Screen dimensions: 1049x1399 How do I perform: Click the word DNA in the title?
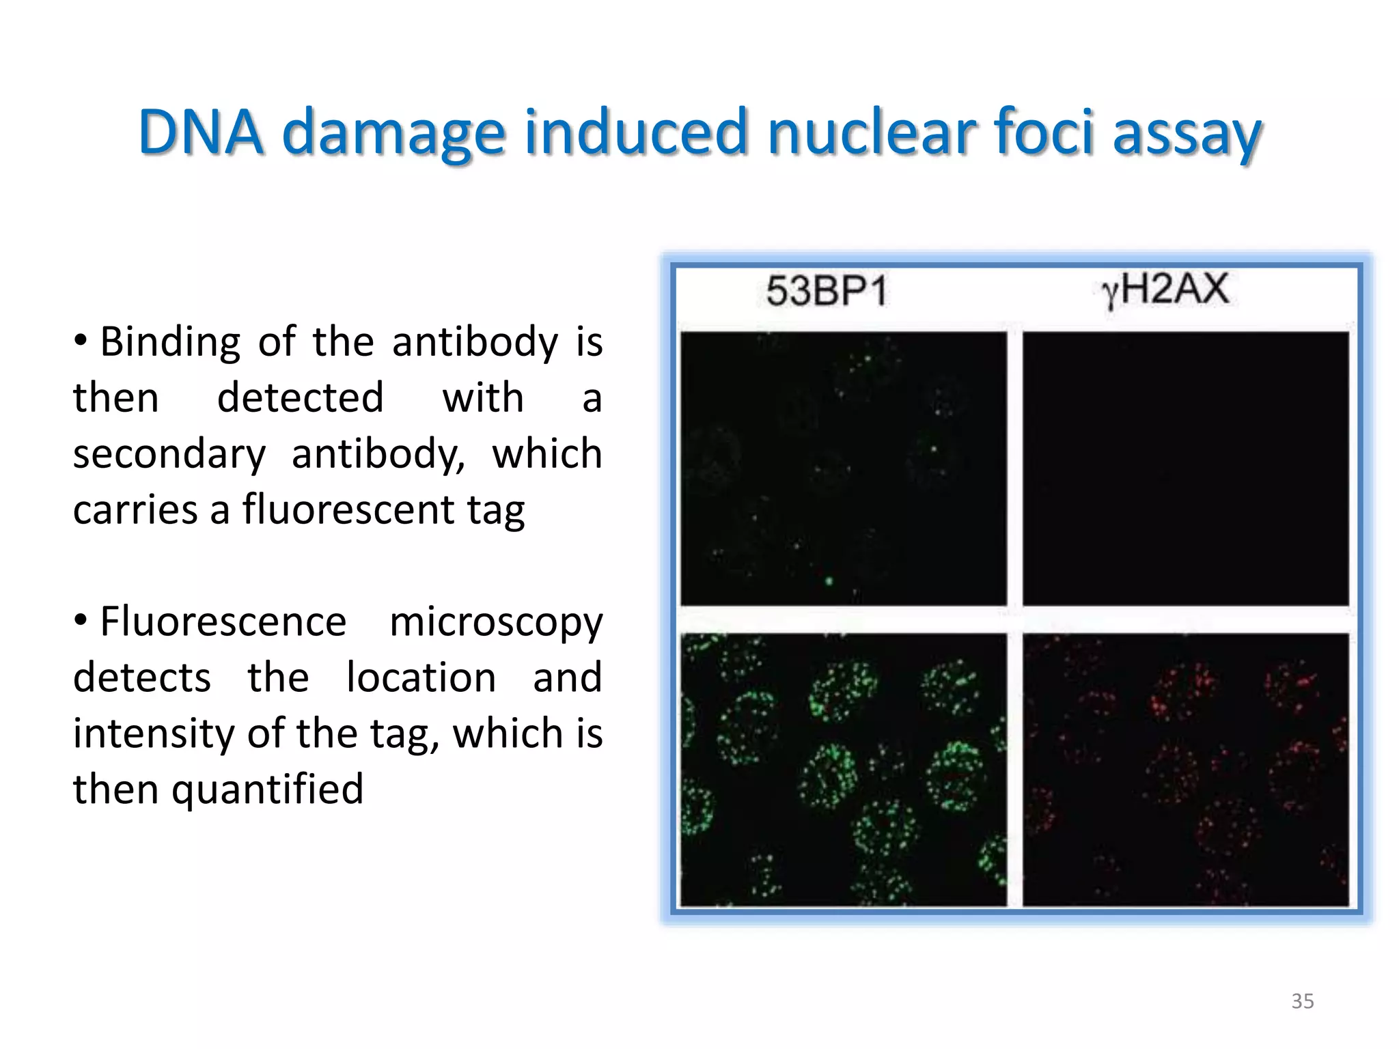click(200, 132)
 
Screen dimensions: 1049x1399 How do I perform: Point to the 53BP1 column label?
click(827, 291)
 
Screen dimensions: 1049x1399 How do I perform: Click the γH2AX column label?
click(1165, 290)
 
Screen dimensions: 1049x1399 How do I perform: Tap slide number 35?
click(1302, 1001)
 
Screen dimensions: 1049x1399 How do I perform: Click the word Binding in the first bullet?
click(170, 342)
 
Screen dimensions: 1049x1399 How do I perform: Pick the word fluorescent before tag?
click(348, 509)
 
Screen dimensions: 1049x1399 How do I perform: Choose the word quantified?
click(267, 790)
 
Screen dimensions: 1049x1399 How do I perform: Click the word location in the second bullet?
click(421, 678)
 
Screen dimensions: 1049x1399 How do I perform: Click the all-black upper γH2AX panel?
click(1185, 468)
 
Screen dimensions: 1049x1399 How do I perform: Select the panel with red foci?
click(1185, 770)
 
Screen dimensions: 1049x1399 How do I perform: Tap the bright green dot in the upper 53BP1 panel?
click(829, 581)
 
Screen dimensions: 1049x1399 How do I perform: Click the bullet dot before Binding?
click(81, 339)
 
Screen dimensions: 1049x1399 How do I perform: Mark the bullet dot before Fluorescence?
click(81, 620)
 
